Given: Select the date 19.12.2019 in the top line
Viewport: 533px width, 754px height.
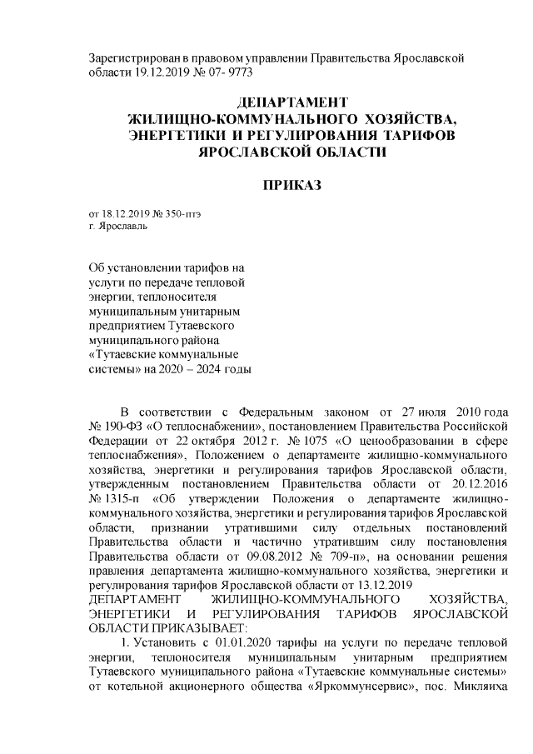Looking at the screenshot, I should tap(162, 72).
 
